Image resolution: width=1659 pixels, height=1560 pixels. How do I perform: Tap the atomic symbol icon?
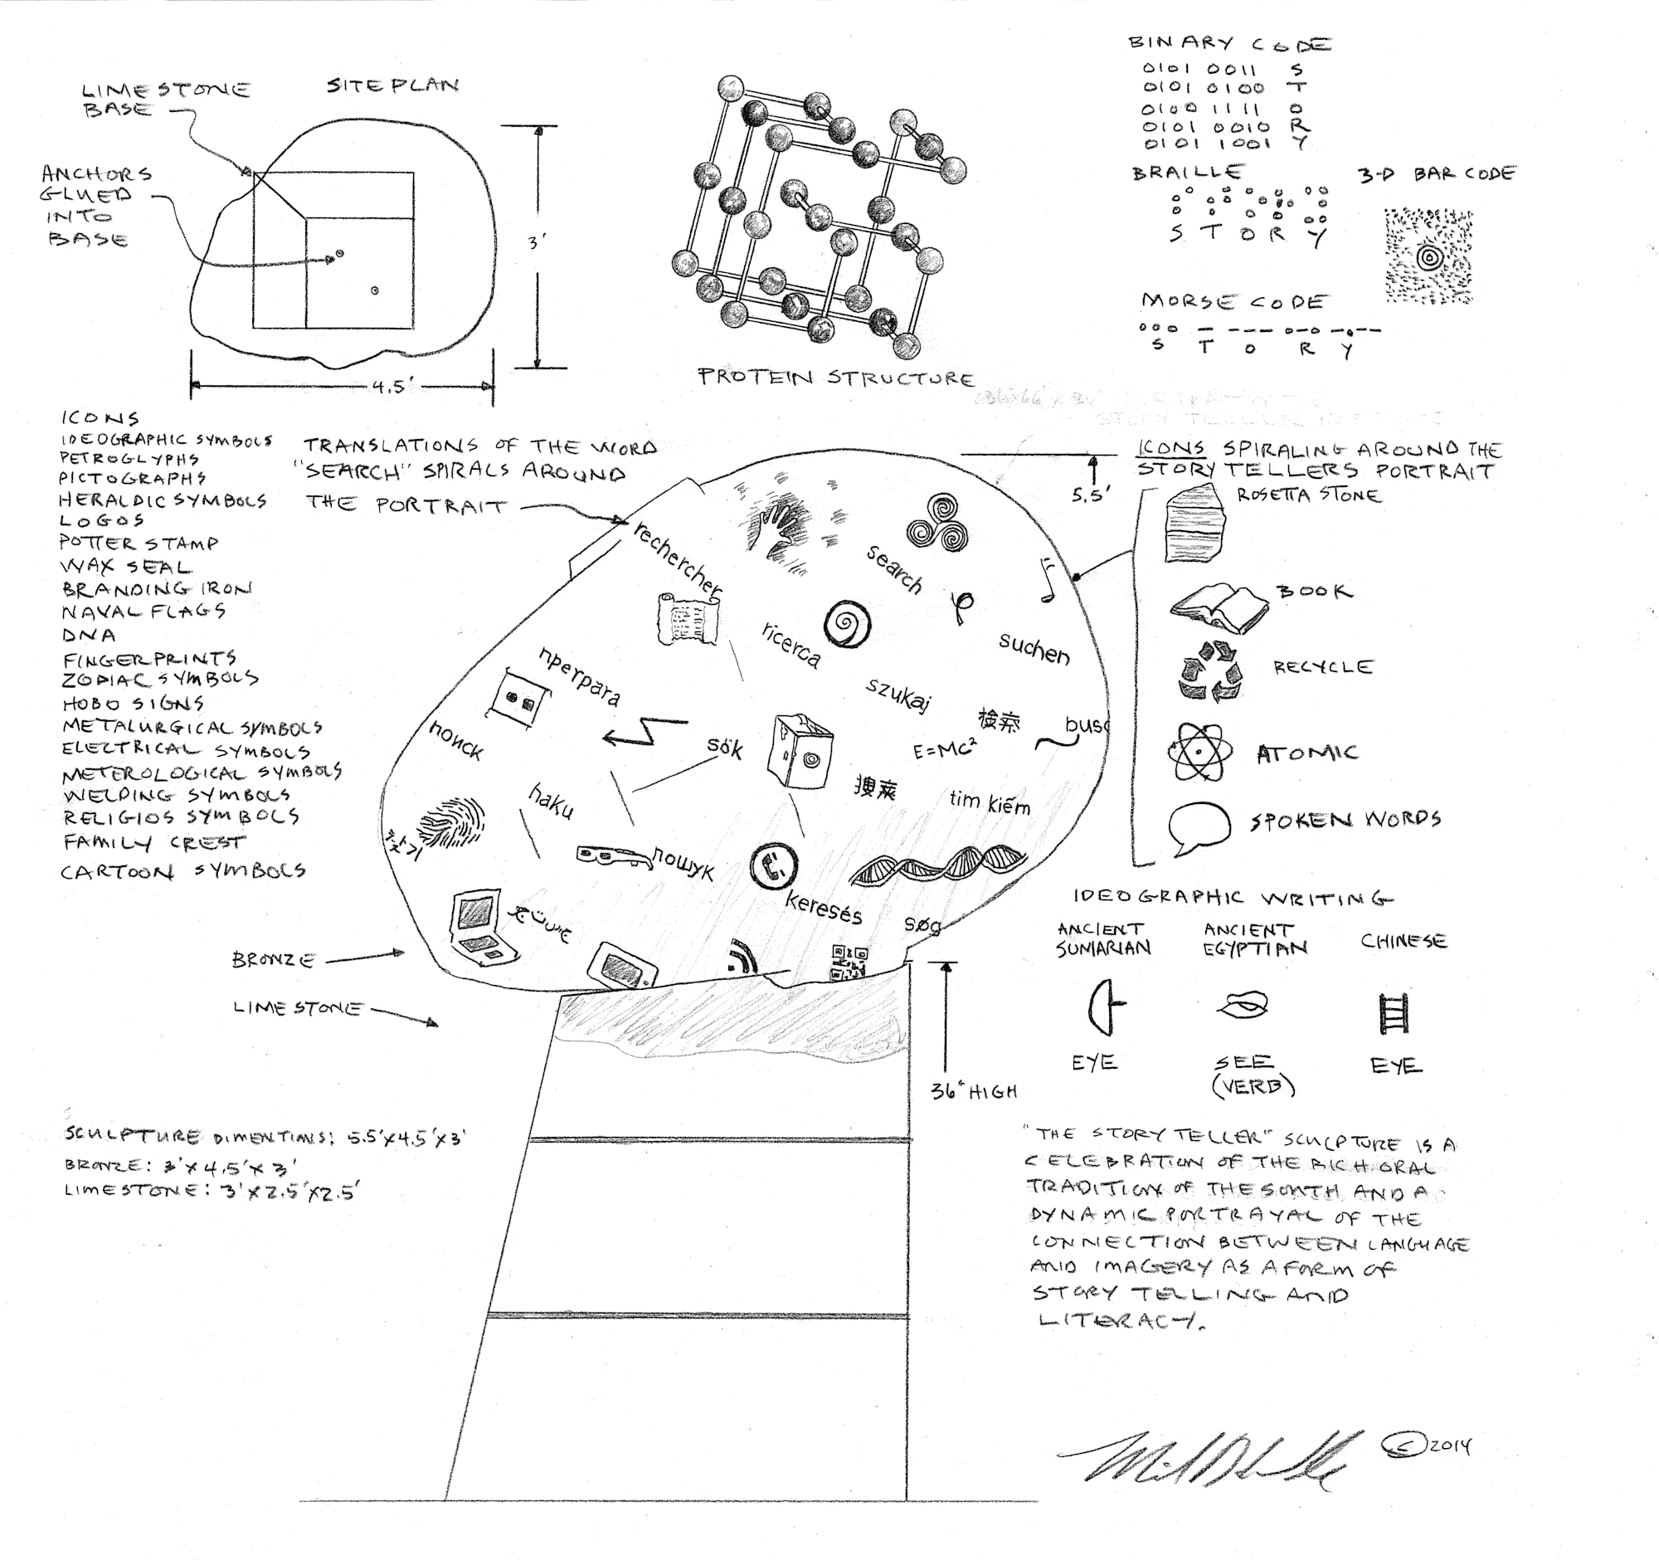click(x=1199, y=752)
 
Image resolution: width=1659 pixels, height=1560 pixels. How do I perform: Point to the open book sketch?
click(x=1219, y=607)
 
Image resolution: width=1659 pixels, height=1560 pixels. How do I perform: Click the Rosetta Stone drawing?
click(x=1194, y=524)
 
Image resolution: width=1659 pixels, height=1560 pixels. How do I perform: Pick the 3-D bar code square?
click(x=1428, y=257)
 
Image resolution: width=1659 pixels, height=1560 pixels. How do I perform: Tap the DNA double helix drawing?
click(x=938, y=864)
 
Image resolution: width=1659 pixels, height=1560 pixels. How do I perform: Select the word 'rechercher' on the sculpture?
click(x=677, y=558)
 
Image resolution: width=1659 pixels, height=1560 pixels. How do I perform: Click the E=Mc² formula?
click(x=944, y=748)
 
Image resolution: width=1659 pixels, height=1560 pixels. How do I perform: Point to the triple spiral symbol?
click(x=937, y=523)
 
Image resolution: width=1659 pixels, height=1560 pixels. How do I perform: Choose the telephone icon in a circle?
click(x=773, y=865)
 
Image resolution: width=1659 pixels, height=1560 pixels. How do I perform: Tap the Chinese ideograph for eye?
click(x=1394, y=1013)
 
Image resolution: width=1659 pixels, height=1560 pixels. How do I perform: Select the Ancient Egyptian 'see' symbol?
click(x=1243, y=1005)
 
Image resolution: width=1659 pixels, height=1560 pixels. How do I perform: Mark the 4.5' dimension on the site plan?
click(x=393, y=387)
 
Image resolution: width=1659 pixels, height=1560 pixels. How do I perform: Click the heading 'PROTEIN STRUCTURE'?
click(x=835, y=378)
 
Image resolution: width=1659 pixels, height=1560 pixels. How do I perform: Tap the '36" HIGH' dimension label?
click(x=974, y=1091)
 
